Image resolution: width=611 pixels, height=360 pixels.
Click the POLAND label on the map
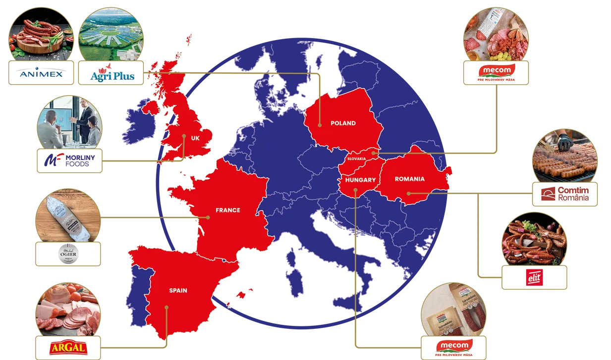pyautogui.click(x=343, y=123)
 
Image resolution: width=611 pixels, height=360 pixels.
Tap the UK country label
pyautogui.click(x=195, y=138)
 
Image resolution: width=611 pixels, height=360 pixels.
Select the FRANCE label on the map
pyautogui.click(x=227, y=210)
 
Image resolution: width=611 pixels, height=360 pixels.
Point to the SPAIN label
pyautogui.click(x=178, y=290)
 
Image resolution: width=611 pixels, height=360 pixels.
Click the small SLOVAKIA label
pyautogui.click(x=356, y=158)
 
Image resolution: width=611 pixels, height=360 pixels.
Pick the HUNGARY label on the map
pyautogui.click(x=360, y=180)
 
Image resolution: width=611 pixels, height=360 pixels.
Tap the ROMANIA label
pyautogui.click(x=409, y=179)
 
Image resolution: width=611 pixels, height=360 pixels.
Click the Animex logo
pyautogui.click(x=41, y=74)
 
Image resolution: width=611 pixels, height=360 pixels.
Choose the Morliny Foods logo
pyautogui.click(x=69, y=160)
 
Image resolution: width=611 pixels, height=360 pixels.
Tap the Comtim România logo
pyautogui.click(x=565, y=194)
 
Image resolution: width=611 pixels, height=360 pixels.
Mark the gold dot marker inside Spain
pyautogui.click(x=167, y=307)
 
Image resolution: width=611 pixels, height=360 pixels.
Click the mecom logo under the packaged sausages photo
pyautogui.click(x=453, y=347)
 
